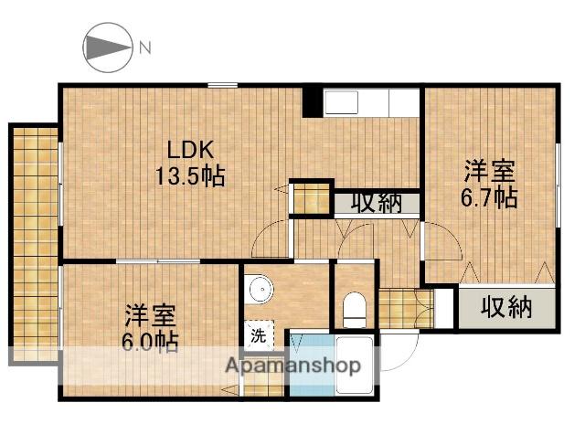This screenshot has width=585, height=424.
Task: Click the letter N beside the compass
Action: pyautogui.click(x=144, y=47)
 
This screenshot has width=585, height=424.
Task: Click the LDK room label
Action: pyautogui.click(x=189, y=149)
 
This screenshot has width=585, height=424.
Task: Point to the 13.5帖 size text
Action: pyautogui.click(x=189, y=175)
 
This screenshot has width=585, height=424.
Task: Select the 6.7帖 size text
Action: pyautogui.click(x=489, y=196)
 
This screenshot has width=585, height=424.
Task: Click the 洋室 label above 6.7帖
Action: pyautogui.click(x=489, y=171)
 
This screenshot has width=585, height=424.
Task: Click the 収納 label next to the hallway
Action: pyautogui.click(x=377, y=203)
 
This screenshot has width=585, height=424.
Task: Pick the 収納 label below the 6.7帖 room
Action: pyautogui.click(x=506, y=308)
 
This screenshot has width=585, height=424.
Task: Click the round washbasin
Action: pyautogui.click(x=261, y=290)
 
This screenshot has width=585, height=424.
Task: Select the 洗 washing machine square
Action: pyautogui.click(x=259, y=335)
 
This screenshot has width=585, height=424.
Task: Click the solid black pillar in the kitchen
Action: pyautogui.click(x=313, y=101)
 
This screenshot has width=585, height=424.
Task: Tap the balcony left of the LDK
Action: pyautogui.click(x=34, y=247)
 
